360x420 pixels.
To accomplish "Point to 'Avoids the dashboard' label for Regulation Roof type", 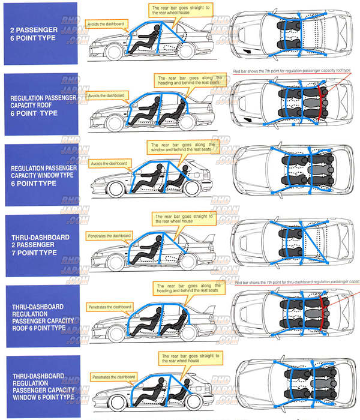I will pyautogui.click(x=106, y=95).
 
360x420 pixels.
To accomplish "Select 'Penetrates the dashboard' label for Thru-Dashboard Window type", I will pyautogui.click(x=112, y=377).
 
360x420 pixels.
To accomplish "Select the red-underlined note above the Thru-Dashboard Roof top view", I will pyautogui.click(x=296, y=281).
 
